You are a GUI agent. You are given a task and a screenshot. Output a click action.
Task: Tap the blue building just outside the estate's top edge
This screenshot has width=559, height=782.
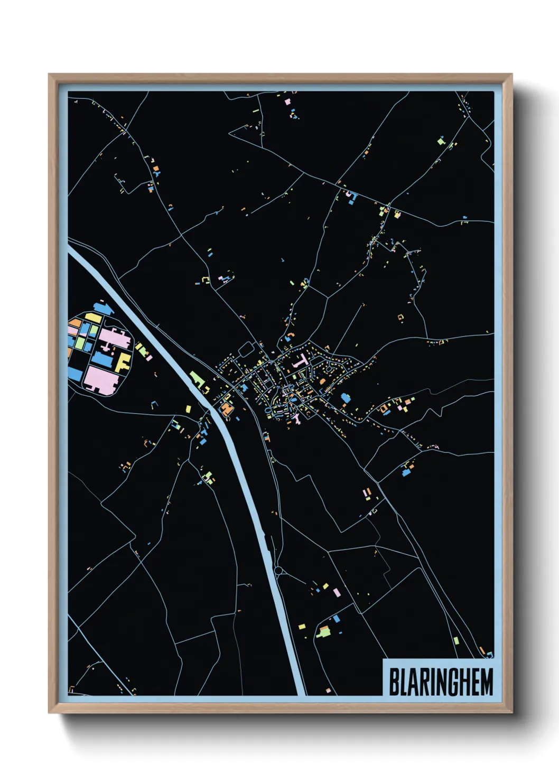coord(101,307)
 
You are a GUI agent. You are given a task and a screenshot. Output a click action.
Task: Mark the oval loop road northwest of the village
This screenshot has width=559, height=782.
coord(247,349)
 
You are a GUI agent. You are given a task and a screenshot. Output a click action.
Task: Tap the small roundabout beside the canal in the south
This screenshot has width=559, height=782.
coord(279,571)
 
